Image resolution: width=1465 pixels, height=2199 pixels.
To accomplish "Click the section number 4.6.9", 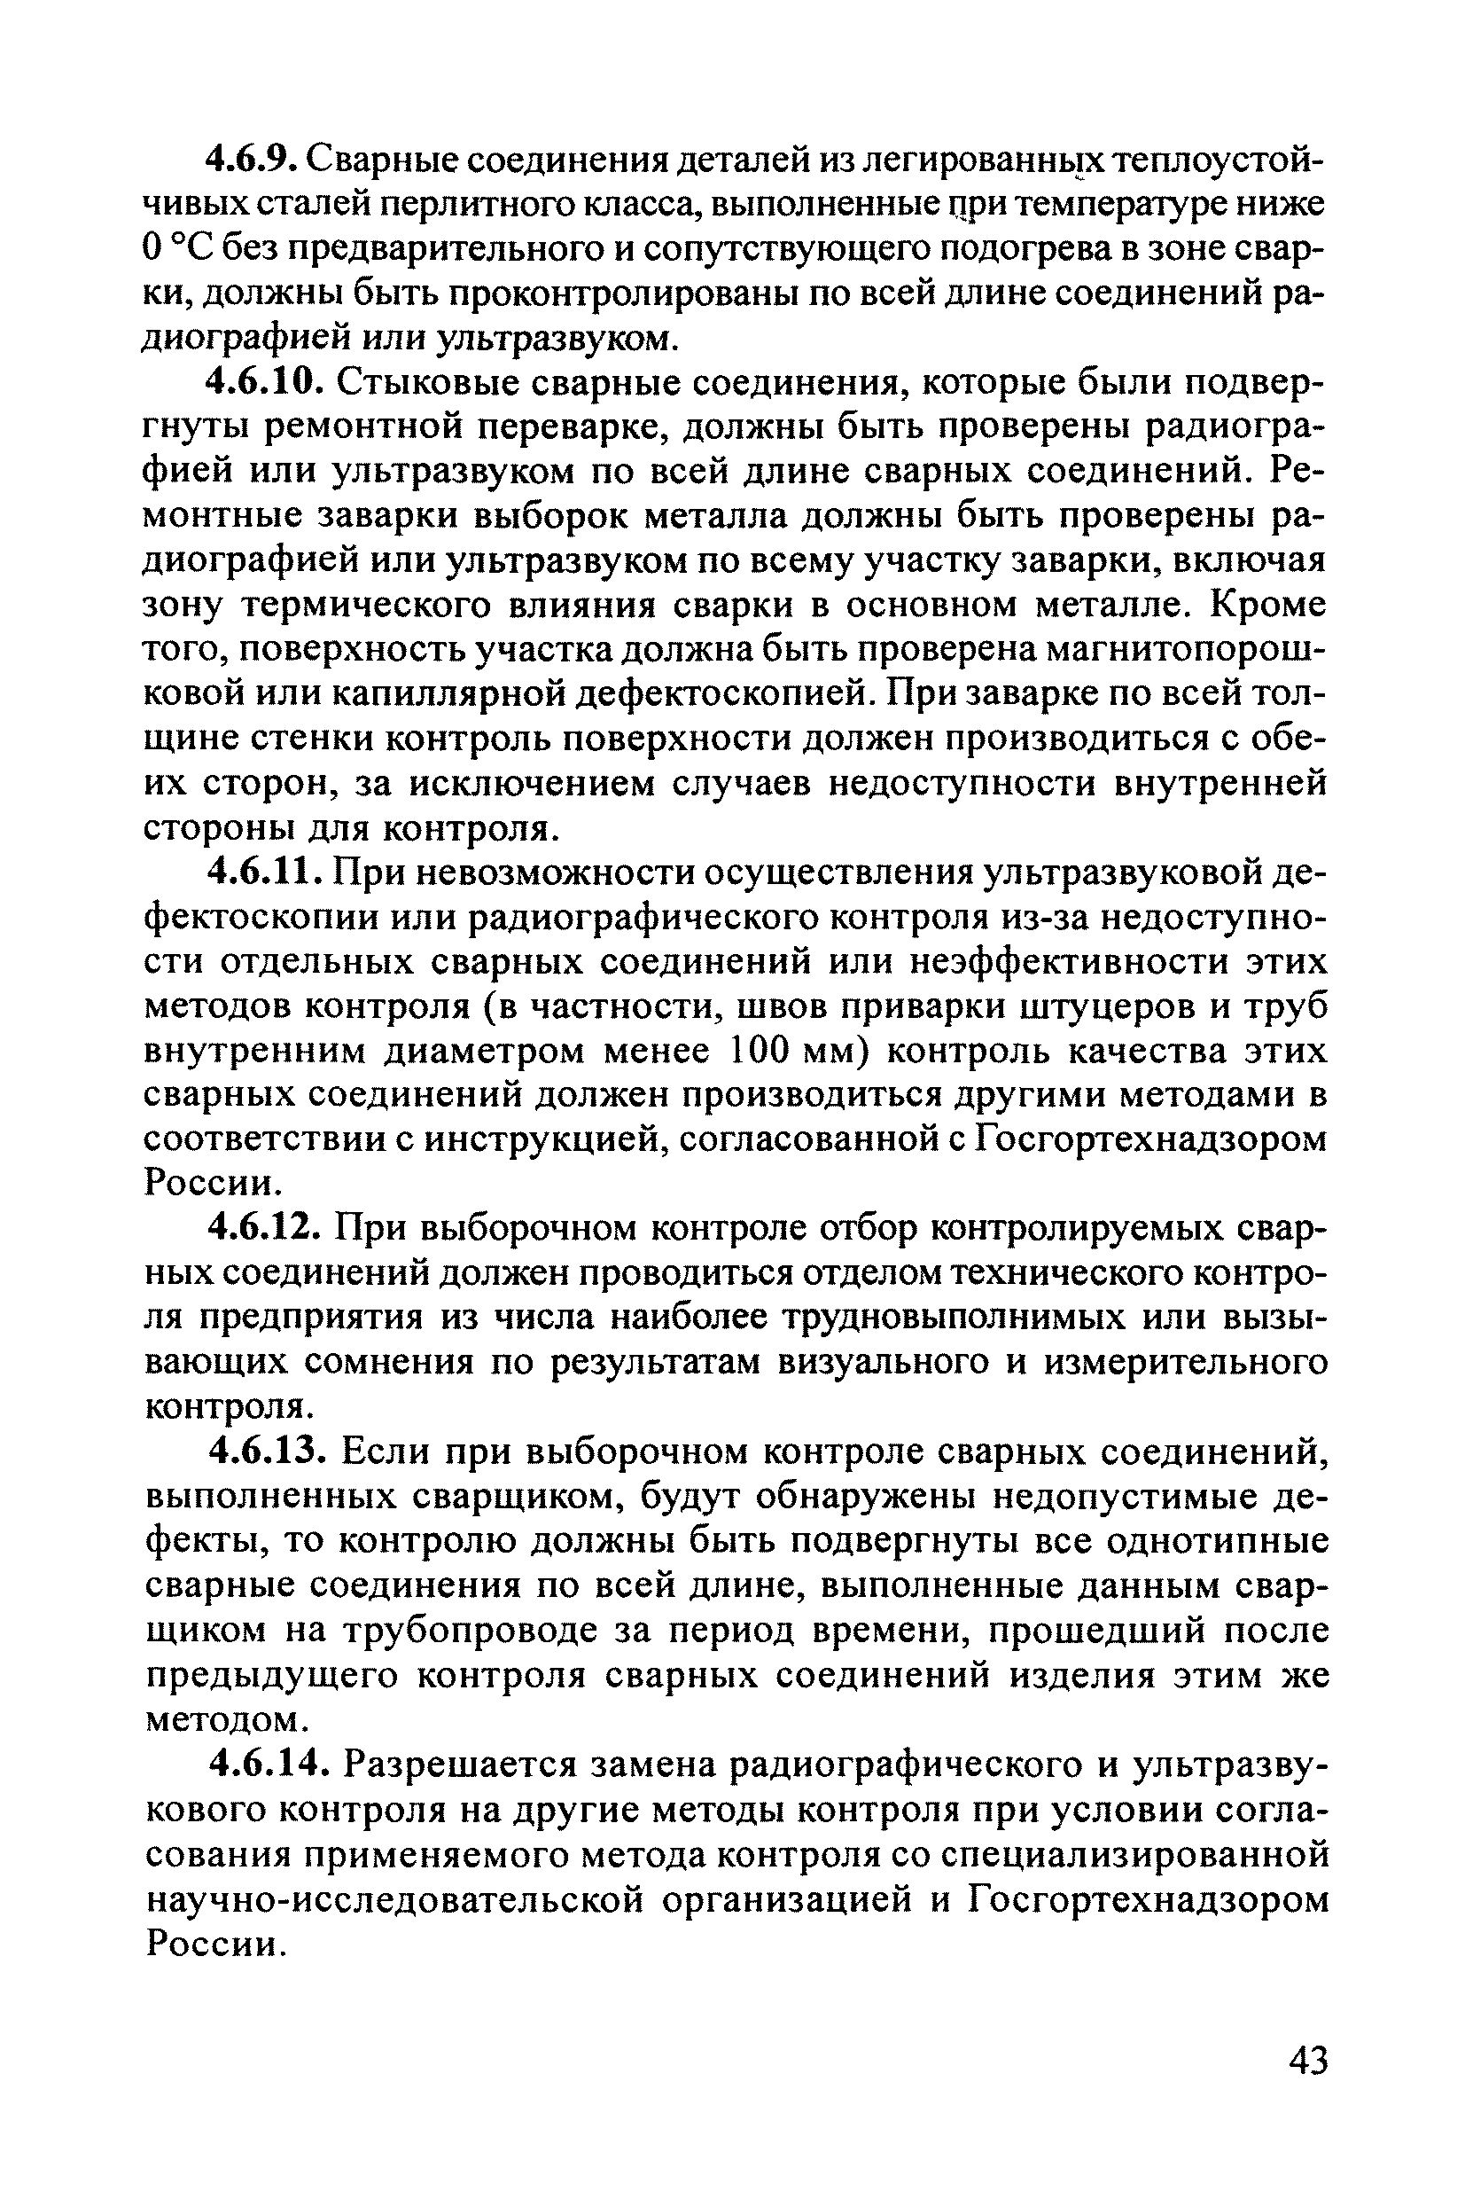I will [x=251, y=160].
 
